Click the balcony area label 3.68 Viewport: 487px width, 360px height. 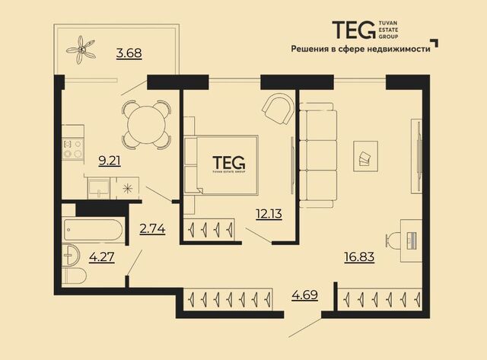129,53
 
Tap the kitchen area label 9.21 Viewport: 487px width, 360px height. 110,161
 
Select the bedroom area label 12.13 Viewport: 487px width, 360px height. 269,214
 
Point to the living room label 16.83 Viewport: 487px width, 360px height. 359,257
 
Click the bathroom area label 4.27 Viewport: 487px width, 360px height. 101,257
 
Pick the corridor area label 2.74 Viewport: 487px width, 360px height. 152,229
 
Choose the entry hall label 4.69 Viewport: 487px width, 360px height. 304,295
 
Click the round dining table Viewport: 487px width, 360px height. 146,125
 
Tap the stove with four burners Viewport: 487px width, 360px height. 73,149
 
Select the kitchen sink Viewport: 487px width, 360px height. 99,188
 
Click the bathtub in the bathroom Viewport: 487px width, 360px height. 94,230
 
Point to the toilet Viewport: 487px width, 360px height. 75,276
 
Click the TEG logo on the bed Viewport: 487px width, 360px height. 229,164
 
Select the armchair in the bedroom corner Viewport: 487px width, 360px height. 277,109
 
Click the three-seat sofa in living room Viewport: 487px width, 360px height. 318,155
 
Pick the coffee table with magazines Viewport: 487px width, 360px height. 365,156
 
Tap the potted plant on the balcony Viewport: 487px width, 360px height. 81,49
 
